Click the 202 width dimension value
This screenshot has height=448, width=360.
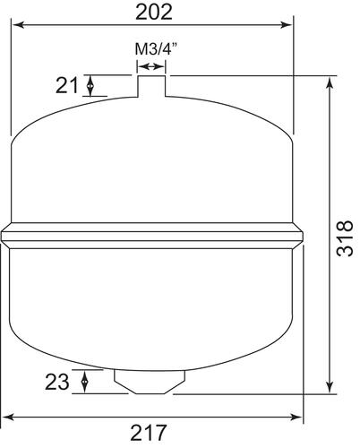(x=152, y=13)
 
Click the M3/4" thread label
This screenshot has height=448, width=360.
(x=153, y=47)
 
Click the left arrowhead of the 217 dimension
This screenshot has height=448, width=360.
(x=7, y=418)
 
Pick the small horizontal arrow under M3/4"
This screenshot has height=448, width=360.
(x=153, y=65)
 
